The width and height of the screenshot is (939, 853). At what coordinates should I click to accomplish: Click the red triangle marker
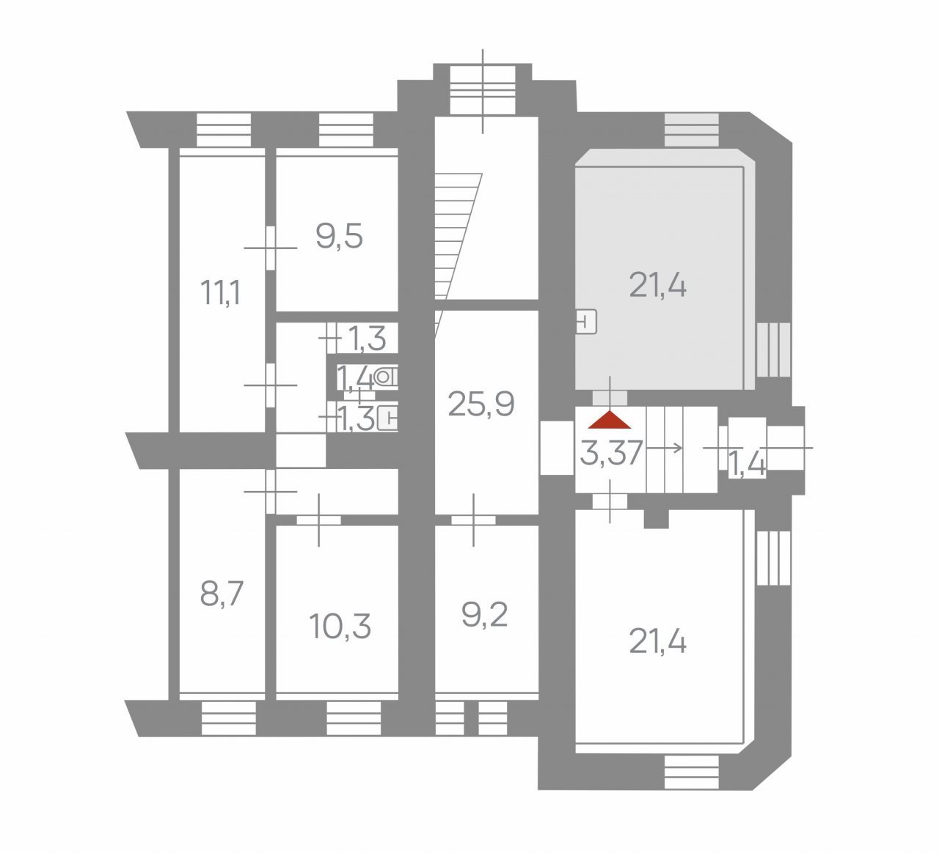click(610, 420)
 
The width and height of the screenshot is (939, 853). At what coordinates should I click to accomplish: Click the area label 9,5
click(339, 236)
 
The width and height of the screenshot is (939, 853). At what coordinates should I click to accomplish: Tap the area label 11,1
click(221, 292)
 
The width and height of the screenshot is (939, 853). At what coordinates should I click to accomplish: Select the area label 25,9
click(481, 404)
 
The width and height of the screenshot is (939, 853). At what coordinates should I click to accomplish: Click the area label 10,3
click(340, 627)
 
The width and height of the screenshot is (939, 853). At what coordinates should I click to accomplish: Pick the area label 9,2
click(484, 615)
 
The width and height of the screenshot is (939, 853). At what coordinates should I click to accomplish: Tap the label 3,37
click(611, 453)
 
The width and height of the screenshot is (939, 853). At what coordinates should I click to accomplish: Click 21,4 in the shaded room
click(658, 285)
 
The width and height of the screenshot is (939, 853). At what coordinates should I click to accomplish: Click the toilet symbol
click(386, 377)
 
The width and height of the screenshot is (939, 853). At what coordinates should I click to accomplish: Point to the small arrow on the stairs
click(664, 448)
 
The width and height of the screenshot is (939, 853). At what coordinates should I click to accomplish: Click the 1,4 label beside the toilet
click(355, 379)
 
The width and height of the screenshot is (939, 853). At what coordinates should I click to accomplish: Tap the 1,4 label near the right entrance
click(747, 466)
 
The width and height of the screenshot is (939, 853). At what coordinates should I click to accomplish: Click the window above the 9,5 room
click(346, 130)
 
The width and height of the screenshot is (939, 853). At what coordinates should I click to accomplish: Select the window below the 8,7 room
click(229, 718)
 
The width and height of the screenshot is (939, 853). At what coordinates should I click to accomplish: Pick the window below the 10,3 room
click(354, 718)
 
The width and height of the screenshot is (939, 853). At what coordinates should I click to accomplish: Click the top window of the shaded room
click(691, 130)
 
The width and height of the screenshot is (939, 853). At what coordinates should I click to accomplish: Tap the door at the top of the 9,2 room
click(473, 520)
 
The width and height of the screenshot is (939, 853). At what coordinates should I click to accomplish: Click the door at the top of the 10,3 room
click(319, 520)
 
